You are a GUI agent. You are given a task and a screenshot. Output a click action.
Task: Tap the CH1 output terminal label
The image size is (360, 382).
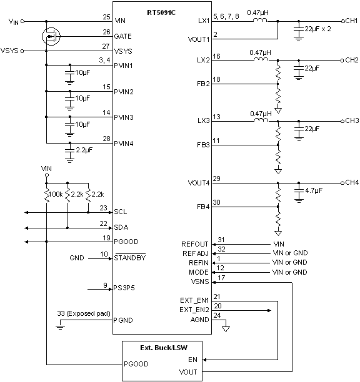(351, 21)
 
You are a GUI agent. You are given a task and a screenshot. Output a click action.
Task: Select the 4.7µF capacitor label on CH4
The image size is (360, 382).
(314, 190)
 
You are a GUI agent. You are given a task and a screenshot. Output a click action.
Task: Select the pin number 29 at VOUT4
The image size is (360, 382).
(216, 179)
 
